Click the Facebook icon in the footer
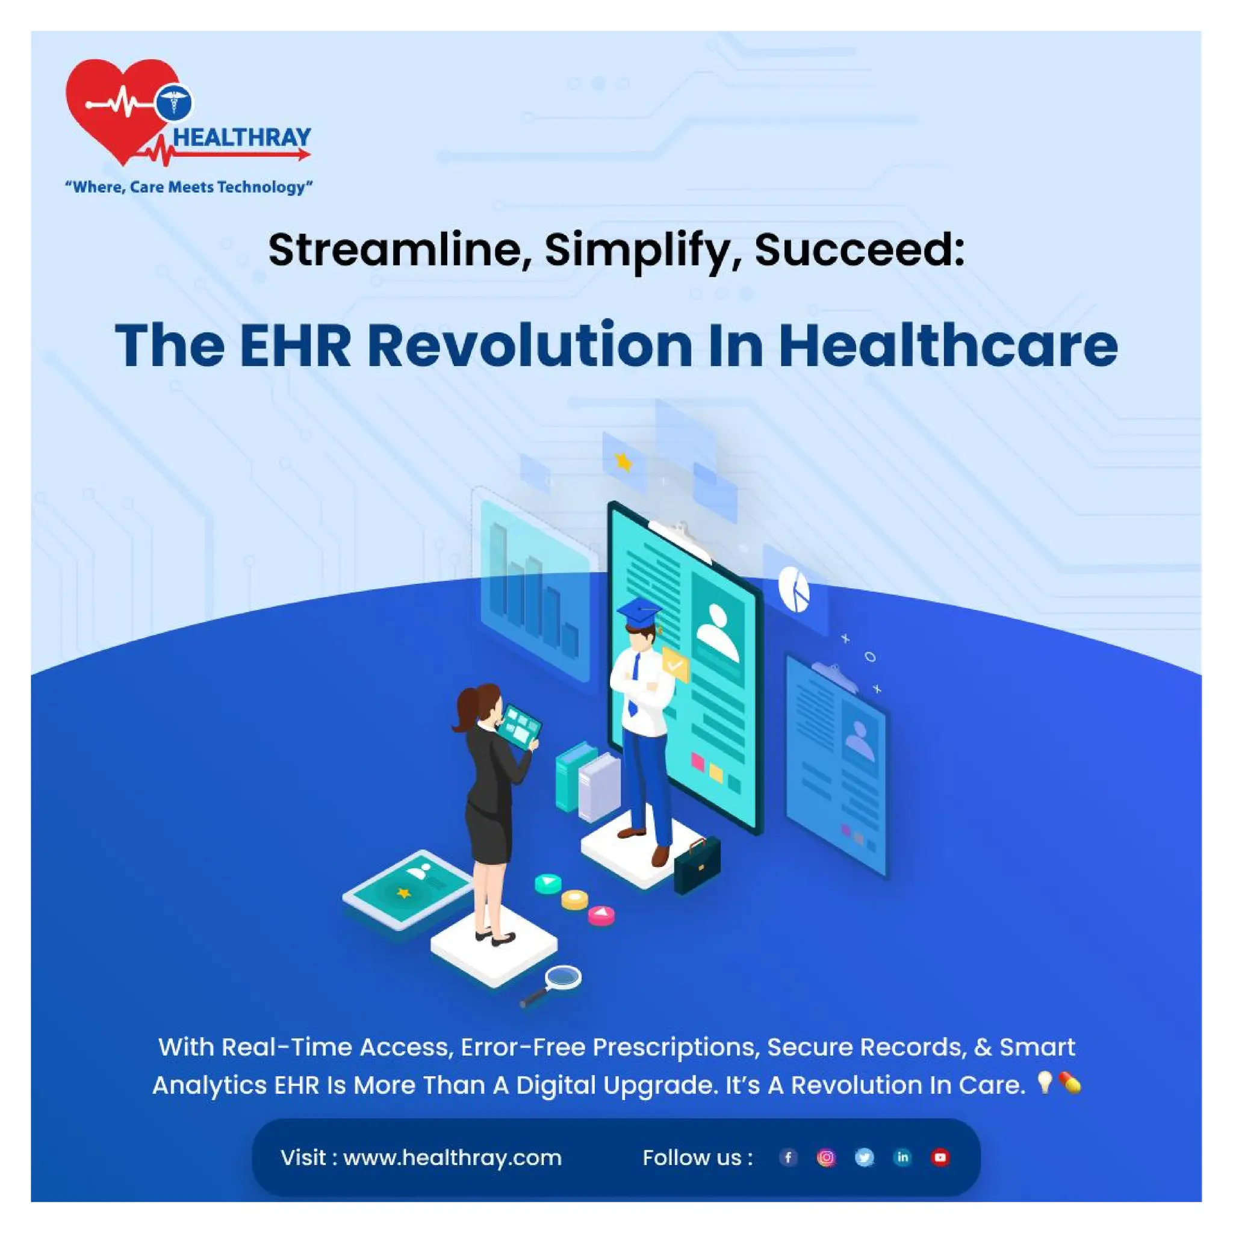(x=788, y=1157)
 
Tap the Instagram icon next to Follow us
(x=826, y=1157)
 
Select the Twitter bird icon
(x=864, y=1157)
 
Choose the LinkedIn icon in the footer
(x=902, y=1157)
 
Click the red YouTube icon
(x=940, y=1157)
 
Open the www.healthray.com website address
(x=452, y=1158)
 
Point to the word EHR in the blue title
(x=295, y=346)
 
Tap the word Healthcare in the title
(x=948, y=346)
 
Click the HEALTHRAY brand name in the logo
(x=242, y=137)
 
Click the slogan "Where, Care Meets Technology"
(x=189, y=187)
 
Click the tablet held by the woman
(x=519, y=727)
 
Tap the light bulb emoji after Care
(x=1044, y=1082)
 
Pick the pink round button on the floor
(x=600, y=915)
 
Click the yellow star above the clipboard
(x=623, y=461)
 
